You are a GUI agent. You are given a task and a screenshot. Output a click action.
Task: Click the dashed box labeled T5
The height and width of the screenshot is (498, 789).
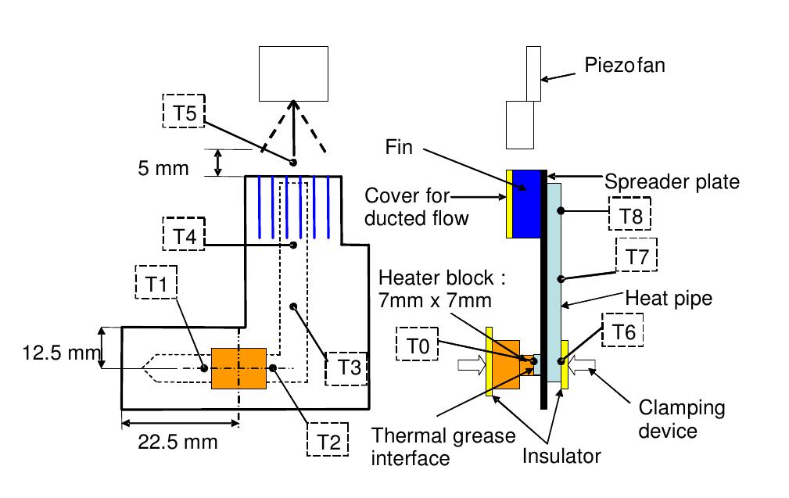pyautogui.click(x=182, y=111)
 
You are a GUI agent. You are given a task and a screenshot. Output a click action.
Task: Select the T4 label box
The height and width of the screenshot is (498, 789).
pyautogui.click(x=182, y=235)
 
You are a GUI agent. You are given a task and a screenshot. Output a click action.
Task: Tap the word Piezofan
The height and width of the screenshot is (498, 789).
pyautogui.click(x=625, y=65)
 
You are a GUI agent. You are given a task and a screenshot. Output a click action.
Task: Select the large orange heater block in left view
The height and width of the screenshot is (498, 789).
pyautogui.click(x=238, y=367)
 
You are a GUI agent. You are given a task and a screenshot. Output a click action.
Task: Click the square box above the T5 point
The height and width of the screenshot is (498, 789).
pyautogui.click(x=294, y=71)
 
